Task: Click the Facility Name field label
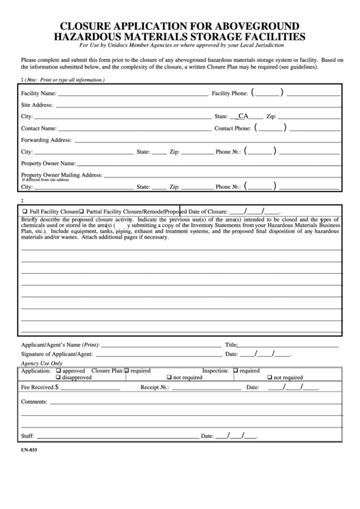[x=39, y=92]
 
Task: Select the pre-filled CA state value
[x=243, y=116]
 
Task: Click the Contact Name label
[x=39, y=128]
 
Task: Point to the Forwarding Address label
[x=46, y=140]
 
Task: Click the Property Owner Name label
[x=48, y=163]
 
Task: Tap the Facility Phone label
[x=230, y=92]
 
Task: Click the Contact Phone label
[x=233, y=128]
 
